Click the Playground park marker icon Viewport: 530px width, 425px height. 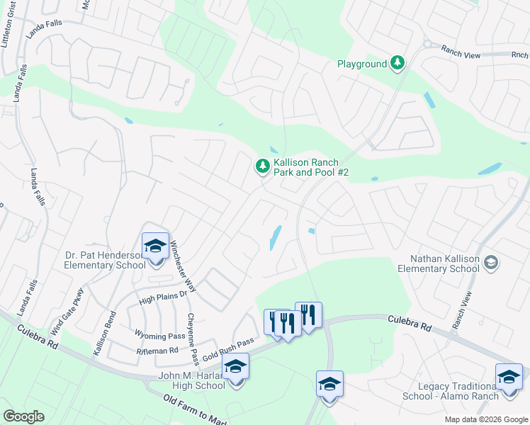click(398, 64)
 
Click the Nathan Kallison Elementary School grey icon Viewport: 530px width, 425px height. click(490, 263)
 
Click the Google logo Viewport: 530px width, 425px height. click(23, 416)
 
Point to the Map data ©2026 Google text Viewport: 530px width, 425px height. click(485, 419)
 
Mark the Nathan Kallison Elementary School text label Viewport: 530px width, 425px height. click(438, 263)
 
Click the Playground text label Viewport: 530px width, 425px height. click(361, 64)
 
